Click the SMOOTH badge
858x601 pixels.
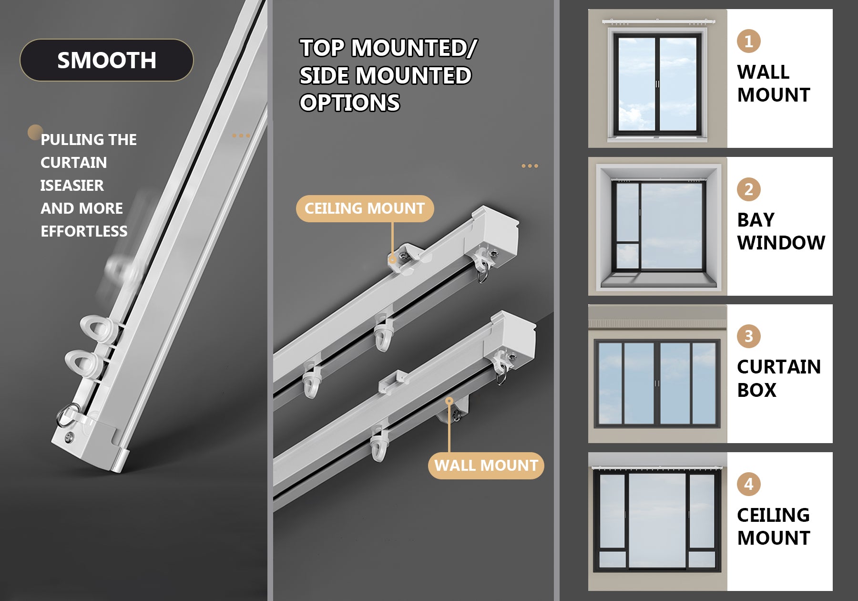pos(107,60)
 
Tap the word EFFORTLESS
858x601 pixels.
pos(84,231)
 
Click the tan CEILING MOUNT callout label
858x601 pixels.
pos(365,208)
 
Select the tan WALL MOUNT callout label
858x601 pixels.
pos(486,466)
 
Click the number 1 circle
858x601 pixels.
pos(749,41)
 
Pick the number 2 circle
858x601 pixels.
pos(749,189)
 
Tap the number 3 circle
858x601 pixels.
pos(749,336)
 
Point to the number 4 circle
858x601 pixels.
pos(749,484)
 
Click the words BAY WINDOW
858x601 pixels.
pos(781,231)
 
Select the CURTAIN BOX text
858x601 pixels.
pos(779,379)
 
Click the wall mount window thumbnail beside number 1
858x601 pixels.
pos(658,78)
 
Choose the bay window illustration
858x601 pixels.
pos(658,226)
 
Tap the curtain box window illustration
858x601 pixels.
pos(658,373)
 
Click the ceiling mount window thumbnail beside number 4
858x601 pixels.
pos(658,521)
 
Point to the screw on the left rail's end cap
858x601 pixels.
pos(71,435)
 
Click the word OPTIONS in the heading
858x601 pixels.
pos(350,103)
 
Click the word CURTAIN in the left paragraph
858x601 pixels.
pos(74,163)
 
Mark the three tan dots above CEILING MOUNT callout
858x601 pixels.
pos(530,166)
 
